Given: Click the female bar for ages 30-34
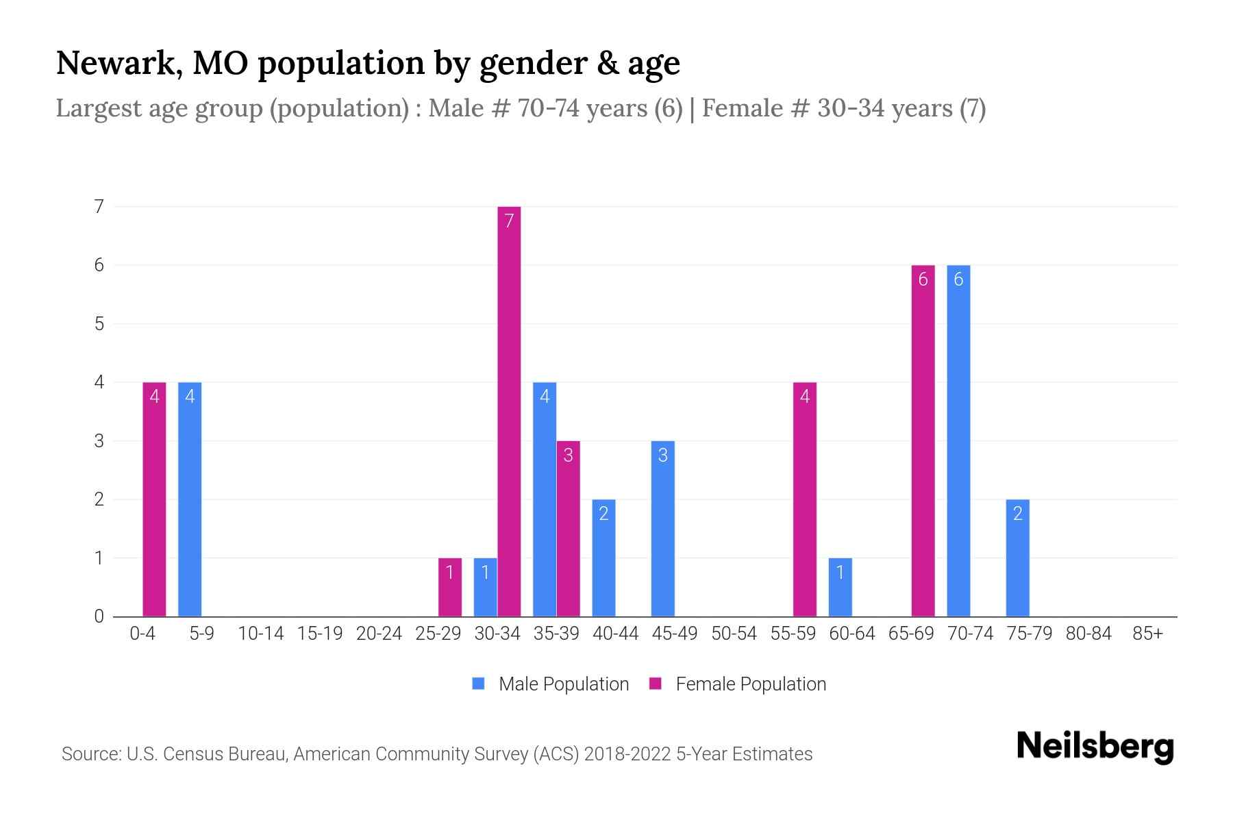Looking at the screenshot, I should point(509,411).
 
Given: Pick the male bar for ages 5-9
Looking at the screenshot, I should point(190,499).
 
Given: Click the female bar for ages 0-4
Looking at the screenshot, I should point(154,499).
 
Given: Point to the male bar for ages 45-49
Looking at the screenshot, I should point(662,528).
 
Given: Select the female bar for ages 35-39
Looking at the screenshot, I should point(568,528).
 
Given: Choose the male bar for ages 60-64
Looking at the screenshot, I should point(840,587).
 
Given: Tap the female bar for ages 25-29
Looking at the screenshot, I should point(450,587).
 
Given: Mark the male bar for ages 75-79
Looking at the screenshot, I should point(1017,558).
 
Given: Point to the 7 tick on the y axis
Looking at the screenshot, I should point(99,206).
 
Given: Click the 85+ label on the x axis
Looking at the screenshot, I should point(1147,634).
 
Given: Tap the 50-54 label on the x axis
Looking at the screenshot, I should point(734,634).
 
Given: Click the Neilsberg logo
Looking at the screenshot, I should point(1095,746).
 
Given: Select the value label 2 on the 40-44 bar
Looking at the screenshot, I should point(603,514).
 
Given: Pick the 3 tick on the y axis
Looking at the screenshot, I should point(99,440).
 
